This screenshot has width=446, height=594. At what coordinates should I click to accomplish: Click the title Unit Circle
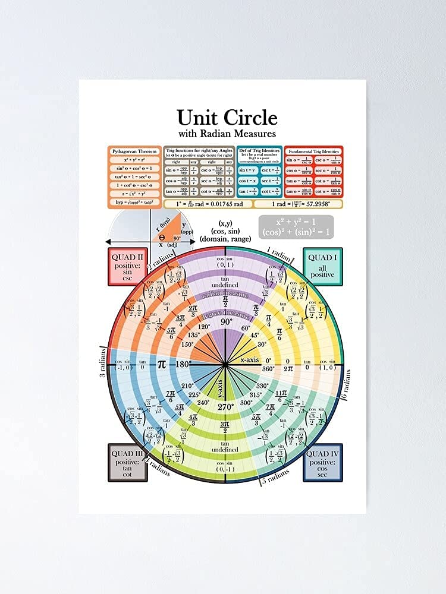point(227,116)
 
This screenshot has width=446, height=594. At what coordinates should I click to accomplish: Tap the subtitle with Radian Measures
point(227,133)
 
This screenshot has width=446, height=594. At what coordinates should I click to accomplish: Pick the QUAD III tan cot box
point(127,462)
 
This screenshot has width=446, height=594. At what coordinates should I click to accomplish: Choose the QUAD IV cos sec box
point(323,462)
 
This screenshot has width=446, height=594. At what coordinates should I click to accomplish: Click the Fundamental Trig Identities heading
point(313,151)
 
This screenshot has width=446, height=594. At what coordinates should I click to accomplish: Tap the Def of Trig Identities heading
point(259,151)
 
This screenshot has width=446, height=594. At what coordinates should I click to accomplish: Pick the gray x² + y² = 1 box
point(296,227)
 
